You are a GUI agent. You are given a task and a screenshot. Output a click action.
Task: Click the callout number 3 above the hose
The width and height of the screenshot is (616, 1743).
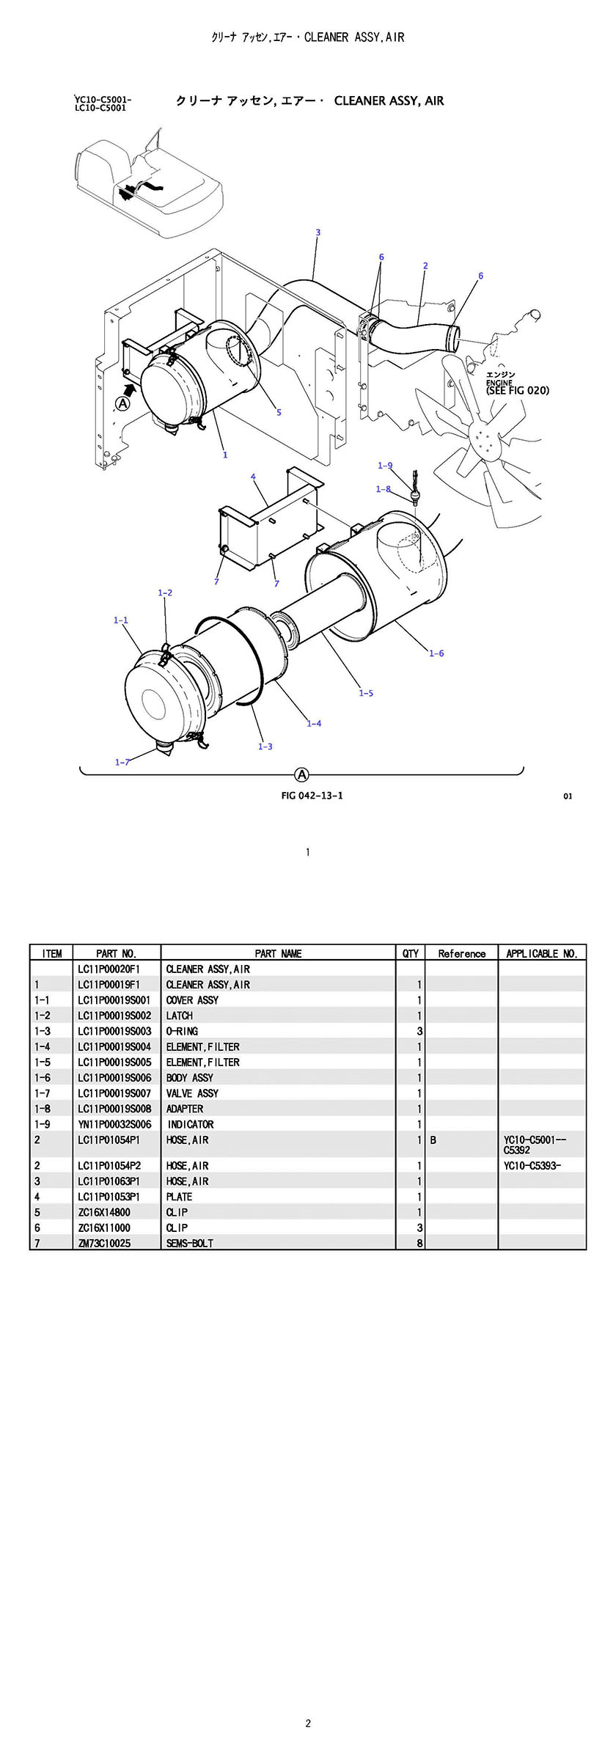point(318,232)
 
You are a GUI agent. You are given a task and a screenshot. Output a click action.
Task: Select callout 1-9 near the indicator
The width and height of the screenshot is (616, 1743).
point(385,466)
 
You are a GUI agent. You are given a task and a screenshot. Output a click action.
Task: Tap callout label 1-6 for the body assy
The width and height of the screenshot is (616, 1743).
point(436,653)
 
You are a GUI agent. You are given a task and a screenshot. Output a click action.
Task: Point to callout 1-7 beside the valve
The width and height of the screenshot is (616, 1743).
point(122,762)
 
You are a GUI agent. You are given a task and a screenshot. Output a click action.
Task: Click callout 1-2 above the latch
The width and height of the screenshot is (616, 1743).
point(165,592)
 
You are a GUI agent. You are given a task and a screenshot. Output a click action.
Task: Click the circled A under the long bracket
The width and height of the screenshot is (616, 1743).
point(301,774)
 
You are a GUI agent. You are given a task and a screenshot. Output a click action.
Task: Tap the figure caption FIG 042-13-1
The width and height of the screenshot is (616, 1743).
point(312,796)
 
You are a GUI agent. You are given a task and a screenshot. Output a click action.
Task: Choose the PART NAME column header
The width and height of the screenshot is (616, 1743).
point(278,953)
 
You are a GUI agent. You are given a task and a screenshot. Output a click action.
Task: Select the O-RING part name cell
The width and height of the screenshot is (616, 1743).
point(182,1031)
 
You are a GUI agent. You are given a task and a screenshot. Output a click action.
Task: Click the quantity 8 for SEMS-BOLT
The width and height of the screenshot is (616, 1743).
point(419,1243)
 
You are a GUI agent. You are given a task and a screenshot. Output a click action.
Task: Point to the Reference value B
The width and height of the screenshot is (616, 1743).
point(433,1140)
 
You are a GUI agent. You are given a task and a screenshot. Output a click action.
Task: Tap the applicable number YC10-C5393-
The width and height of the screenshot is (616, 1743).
point(532,1165)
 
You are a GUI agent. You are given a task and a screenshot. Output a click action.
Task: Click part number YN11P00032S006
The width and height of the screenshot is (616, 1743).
point(114,1124)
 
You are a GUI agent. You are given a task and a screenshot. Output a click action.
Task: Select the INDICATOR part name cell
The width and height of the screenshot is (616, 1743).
point(191,1124)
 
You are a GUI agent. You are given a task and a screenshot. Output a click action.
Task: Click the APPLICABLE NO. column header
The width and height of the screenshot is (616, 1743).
point(542,953)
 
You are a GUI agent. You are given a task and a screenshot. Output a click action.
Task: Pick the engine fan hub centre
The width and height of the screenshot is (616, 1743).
point(484,441)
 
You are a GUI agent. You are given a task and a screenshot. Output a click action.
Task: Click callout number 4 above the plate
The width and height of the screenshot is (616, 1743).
point(253,477)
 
